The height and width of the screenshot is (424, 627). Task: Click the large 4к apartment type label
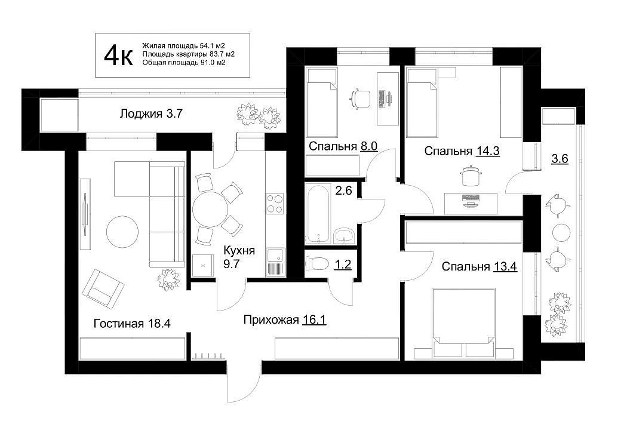pos(118,56)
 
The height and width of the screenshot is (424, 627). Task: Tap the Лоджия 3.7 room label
pos(151,113)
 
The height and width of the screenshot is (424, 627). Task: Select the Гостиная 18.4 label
pos(132,323)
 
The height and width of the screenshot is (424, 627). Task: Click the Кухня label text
pos(239,251)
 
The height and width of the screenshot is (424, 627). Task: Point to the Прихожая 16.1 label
pos(285,320)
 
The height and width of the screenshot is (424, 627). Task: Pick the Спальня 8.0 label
pos(343,146)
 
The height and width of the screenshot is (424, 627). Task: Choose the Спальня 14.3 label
pos(462,151)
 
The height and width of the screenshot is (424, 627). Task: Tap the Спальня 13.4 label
pos(479,266)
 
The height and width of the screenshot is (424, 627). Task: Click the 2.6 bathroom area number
pos(343,191)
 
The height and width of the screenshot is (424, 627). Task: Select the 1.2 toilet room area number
pos(343,265)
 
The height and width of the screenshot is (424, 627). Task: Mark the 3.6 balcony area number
pos(560,159)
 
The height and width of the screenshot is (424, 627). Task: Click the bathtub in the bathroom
pos(318,214)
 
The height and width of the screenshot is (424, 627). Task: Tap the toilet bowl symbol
pos(317,264)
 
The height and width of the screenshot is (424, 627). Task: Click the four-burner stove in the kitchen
pos(275,204)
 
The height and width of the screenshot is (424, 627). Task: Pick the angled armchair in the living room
pos(103,288)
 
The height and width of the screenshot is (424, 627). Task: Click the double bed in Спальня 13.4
pos(463,322)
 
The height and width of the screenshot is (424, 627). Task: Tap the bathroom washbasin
pos(344,235)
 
